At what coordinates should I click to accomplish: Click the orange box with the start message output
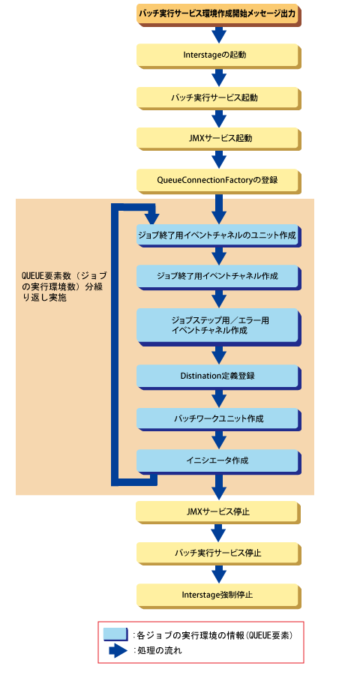pyautogui.click(x=219, y=14)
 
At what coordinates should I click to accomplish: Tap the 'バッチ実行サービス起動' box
pyautogui.click(x=219, y=97)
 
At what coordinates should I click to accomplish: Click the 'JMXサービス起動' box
pyautogui.click(x=219, y=139)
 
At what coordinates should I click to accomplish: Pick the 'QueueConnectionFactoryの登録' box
pyautogui.click(x=219, y=180)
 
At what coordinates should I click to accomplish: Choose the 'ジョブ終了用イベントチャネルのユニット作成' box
pyautogui.click(x=219, y=235)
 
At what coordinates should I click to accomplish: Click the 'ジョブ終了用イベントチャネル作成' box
pyautogui.click(x=219, y=277)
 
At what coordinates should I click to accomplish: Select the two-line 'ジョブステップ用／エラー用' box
pyautogui.click(x=219, y=326)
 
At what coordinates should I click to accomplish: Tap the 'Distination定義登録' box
pyautogui.click(x=219, y=376)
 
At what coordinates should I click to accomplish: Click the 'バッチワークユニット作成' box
pyautogui.click(x=219, y=418)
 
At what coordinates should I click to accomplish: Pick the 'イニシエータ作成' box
pyautogui.click(x=219, y=460)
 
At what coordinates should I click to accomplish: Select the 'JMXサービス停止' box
pyautogui.click(x=219, y=512)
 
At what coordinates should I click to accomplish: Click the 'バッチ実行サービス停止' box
pyautogui.click(x=219, y=553)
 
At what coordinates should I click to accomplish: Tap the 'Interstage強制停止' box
pyautogui.click(x=219, y=595)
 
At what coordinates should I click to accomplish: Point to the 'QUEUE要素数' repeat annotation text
pyautogui.click(x=64, y=286)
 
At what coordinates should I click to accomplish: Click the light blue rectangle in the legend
pyautogui.click(x=115, y=634)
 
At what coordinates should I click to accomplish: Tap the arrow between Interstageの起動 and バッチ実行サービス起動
pyautogui.click(x=219, y=77)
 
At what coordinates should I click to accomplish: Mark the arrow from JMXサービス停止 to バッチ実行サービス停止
pyautogui.click(x=219, y=533)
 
